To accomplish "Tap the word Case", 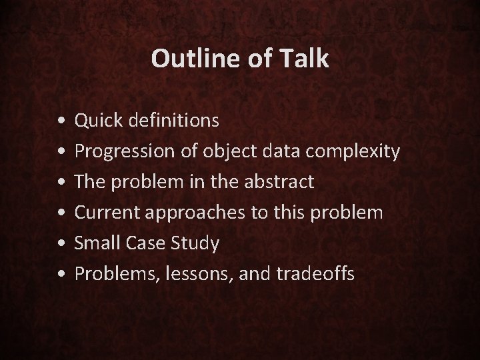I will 144,243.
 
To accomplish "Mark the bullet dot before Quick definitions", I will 61,122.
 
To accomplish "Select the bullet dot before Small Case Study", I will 61,245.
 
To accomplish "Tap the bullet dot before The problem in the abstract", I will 61,183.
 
